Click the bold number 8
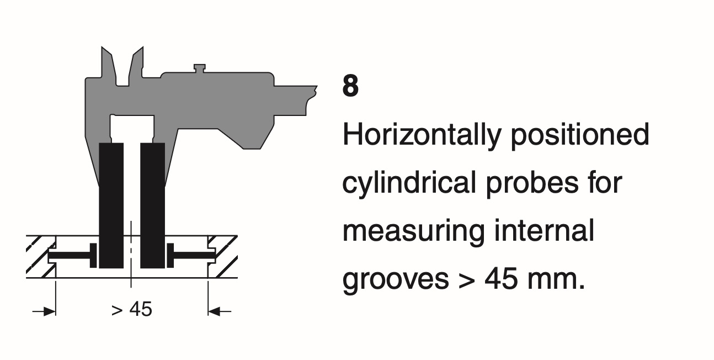click(x=350, y=86)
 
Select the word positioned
click(x=580, y=135)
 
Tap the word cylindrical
click(x=409, y=183)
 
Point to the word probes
click(x=532, y=183)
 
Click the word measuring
click(x=414, y=231)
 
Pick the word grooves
click(x=396, y=279)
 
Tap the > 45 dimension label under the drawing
click(x=132, y=309)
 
